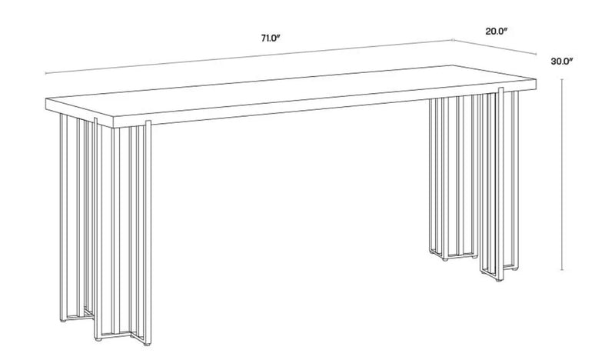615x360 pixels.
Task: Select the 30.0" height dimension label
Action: [564, 63]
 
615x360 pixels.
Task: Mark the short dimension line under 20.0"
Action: [496, 47]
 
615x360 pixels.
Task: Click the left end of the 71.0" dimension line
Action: [46, 74]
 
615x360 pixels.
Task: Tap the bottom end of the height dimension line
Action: [563, 270]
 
